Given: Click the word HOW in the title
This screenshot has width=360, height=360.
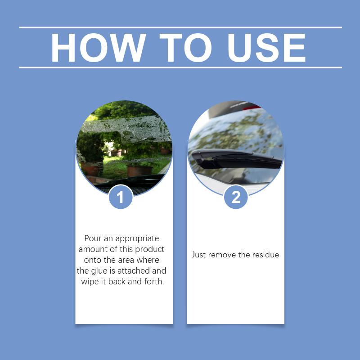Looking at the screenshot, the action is (99, 48).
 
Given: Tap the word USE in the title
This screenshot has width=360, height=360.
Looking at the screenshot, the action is (266, 48).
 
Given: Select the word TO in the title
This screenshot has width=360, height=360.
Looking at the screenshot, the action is (185, 48).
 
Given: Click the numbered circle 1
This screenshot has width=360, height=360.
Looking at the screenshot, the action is (121, 197).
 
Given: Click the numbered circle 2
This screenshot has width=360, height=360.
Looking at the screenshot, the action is (236, 197).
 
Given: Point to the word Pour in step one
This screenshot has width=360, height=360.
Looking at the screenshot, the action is (93, 238).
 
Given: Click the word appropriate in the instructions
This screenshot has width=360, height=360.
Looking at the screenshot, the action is (137, 239).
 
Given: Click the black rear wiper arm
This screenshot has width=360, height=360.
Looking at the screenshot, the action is (237, 159).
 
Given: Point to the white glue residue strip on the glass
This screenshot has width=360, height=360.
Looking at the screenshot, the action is (127, 129).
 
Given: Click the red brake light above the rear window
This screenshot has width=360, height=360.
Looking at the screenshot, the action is (252, 107).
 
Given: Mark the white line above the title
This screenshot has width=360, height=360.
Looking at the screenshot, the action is (180, 27).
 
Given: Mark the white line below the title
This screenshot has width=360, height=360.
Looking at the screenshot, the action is (180, 67).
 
